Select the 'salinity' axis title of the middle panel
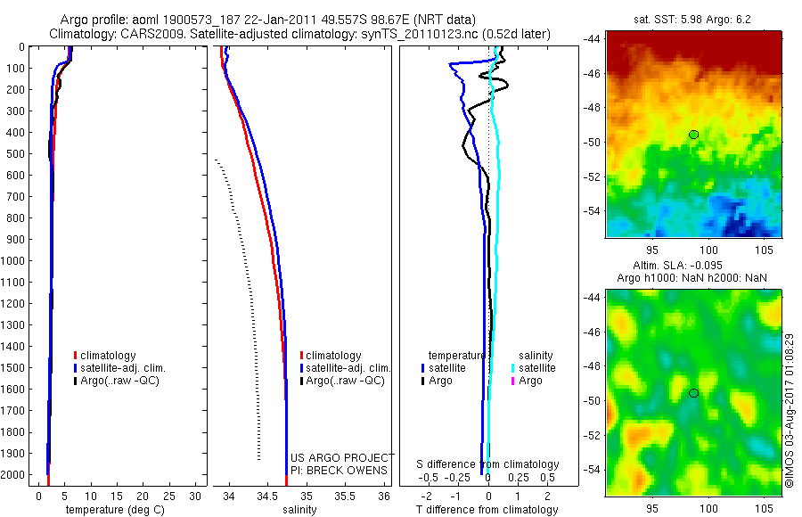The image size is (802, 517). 299,510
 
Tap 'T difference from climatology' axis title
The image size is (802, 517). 487,510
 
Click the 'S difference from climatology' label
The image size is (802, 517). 487,464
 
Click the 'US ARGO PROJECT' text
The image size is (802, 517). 341,457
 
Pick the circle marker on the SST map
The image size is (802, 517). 693,135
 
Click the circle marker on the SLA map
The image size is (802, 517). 693,393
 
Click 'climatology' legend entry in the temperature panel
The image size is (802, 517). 109,356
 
